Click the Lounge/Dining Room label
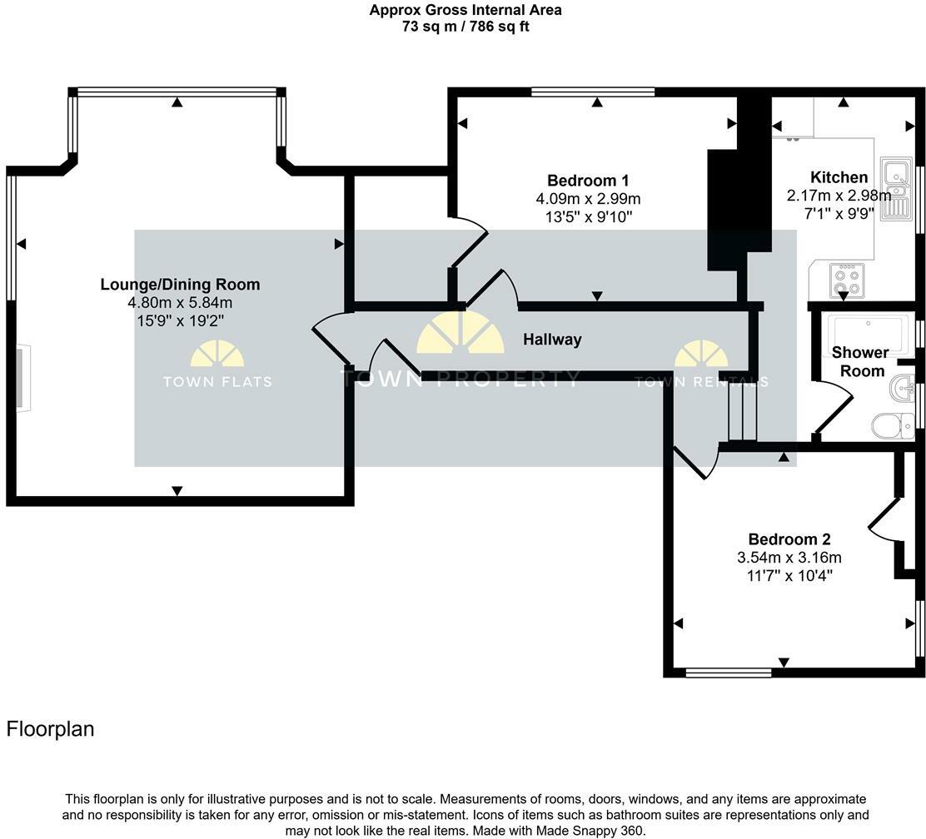(x=180, y=285)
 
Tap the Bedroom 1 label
(x=588, y=181)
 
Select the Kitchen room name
(x=839, y=177)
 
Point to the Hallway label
(x=552, y=340)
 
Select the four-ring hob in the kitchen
(x=848, y=280)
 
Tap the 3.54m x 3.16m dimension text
(x=789, y=558)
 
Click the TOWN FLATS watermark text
(x=217, y=382)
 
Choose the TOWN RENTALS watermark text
(x=701, y=382)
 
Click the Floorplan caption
(x=50, y=729)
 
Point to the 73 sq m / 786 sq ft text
(x=465, y=27)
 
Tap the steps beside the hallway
(x=741, y=415)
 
